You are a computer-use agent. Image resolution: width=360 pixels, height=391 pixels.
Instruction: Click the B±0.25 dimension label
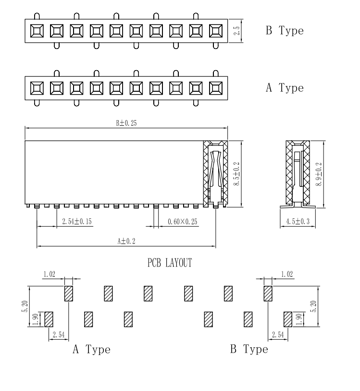(126, 123)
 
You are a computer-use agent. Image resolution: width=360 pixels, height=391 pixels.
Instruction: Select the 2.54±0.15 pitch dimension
(77, 221)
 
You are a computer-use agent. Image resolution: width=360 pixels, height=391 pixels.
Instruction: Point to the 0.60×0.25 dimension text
(183, 221)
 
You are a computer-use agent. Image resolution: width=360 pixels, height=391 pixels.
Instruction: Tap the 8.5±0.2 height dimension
(236, 173)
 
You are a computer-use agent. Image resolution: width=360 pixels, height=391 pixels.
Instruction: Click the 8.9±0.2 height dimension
(318, 173)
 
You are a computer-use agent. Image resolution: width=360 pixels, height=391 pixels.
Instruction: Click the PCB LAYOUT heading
(170, 263)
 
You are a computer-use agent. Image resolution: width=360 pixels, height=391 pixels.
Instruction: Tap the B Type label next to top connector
(285, 31)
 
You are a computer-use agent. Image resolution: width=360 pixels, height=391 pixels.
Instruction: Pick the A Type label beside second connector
(285, 88)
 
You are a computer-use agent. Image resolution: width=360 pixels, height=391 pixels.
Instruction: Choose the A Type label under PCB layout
(91, 349)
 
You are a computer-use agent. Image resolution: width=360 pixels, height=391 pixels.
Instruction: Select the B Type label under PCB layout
(249, 349)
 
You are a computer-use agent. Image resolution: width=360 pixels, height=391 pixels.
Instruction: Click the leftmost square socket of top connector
(37, 31)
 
